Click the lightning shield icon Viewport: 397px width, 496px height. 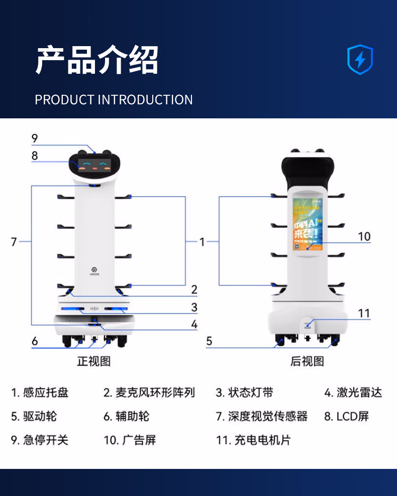click(x=360, y=60)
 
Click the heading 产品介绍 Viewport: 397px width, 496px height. click(x=97, y=60)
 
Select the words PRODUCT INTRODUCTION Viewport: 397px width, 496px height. click(x=114, y=99)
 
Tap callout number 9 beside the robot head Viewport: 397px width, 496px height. click(x=35, y=138)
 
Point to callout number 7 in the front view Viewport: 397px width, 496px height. click(x=14, y=242)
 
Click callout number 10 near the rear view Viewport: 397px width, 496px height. click(x=364, y=236)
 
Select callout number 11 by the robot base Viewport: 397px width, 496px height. click(x=364, y=313)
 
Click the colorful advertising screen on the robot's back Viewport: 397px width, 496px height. click(x=307, y=224)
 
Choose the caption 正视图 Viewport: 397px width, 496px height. click(x=93, y=361)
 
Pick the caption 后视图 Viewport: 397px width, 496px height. click(x=307, y=361)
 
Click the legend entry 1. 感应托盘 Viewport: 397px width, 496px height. click(x=40, y=392)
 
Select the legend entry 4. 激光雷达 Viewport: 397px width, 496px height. click(x=353, y=392)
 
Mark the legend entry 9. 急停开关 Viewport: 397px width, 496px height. click(x=40, y=440)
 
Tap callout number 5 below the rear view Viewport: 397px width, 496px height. click(x=209, y=342)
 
